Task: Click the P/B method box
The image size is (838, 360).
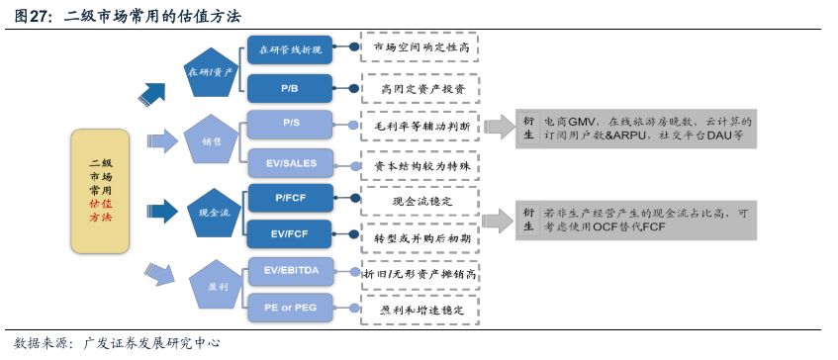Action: click(x=290, y=88)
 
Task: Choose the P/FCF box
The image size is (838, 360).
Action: click(x=290, y=199)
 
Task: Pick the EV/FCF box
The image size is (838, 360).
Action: click(x=290, y=236)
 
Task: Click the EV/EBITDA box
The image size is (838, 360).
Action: click(x=290, y=270)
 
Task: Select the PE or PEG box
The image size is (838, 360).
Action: click(x=290, y=308)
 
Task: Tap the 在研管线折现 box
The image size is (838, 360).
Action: click(x=290, y=47)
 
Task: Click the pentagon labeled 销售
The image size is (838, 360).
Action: click(x=212, y=140)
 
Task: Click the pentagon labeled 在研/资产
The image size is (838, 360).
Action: click(x=211, y=72)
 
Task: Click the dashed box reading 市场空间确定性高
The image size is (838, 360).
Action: click(x=420, y=47)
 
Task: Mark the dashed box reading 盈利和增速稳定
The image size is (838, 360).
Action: click(x=420, y=308)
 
